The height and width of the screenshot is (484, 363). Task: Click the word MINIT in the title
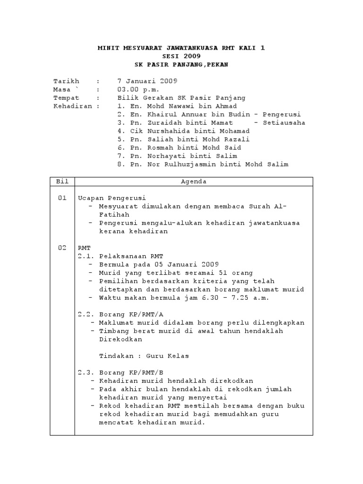(108, 48)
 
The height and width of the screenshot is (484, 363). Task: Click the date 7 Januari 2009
(147, 81)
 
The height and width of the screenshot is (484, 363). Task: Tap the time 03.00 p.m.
(138, 89)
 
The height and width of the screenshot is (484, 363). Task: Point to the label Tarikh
(67, 81)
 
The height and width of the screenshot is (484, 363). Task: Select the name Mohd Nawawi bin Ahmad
(192, 106)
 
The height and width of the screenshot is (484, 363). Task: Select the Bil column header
(62, 181)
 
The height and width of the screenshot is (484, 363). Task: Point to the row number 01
(62, 198)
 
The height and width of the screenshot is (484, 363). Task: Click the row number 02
(62, 248)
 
